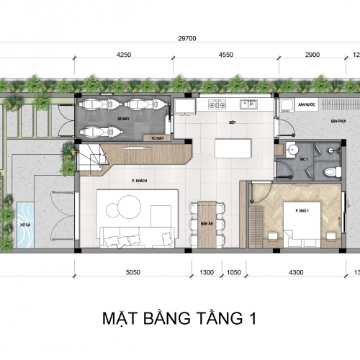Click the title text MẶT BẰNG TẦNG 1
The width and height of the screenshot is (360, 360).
point(180,317)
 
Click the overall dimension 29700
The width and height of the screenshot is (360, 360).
point(189,39)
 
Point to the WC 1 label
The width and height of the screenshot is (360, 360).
point(304,158)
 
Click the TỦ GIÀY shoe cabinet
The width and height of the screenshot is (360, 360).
point(156,138)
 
